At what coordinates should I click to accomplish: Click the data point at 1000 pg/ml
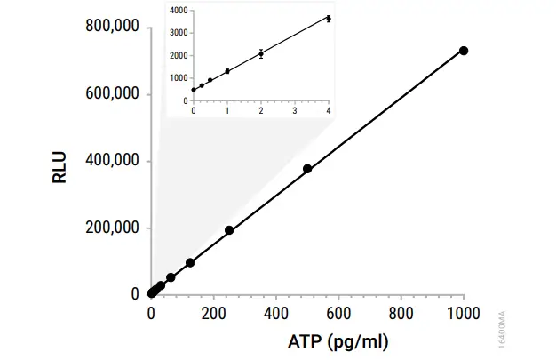(x=463, y=51)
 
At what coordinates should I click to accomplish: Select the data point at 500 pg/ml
(x=307, y=169)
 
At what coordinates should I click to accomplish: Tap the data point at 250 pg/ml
(x=229, y=230)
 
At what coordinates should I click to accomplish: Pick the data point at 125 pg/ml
(x=190, y=263)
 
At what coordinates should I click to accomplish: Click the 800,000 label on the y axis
(x=112, y=28)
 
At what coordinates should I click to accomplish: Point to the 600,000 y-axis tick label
(x=112, y=94)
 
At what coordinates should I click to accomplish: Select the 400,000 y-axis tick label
(x=112, y=161)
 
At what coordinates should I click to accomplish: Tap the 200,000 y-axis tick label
(x=112, y=228)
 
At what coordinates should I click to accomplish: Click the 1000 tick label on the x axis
(x=463, y=313)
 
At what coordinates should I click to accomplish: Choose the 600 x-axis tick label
(x=339, y=313)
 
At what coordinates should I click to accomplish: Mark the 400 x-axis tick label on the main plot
(x=276, y=313)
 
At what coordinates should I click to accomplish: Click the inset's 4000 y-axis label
(x=179, y=11)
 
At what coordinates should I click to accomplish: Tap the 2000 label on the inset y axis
(x=179, y=56)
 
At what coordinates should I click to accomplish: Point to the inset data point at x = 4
(x=329, y=19)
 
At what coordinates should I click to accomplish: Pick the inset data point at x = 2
(x=261, y=53)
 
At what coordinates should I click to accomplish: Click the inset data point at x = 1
(x=227, y=71)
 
